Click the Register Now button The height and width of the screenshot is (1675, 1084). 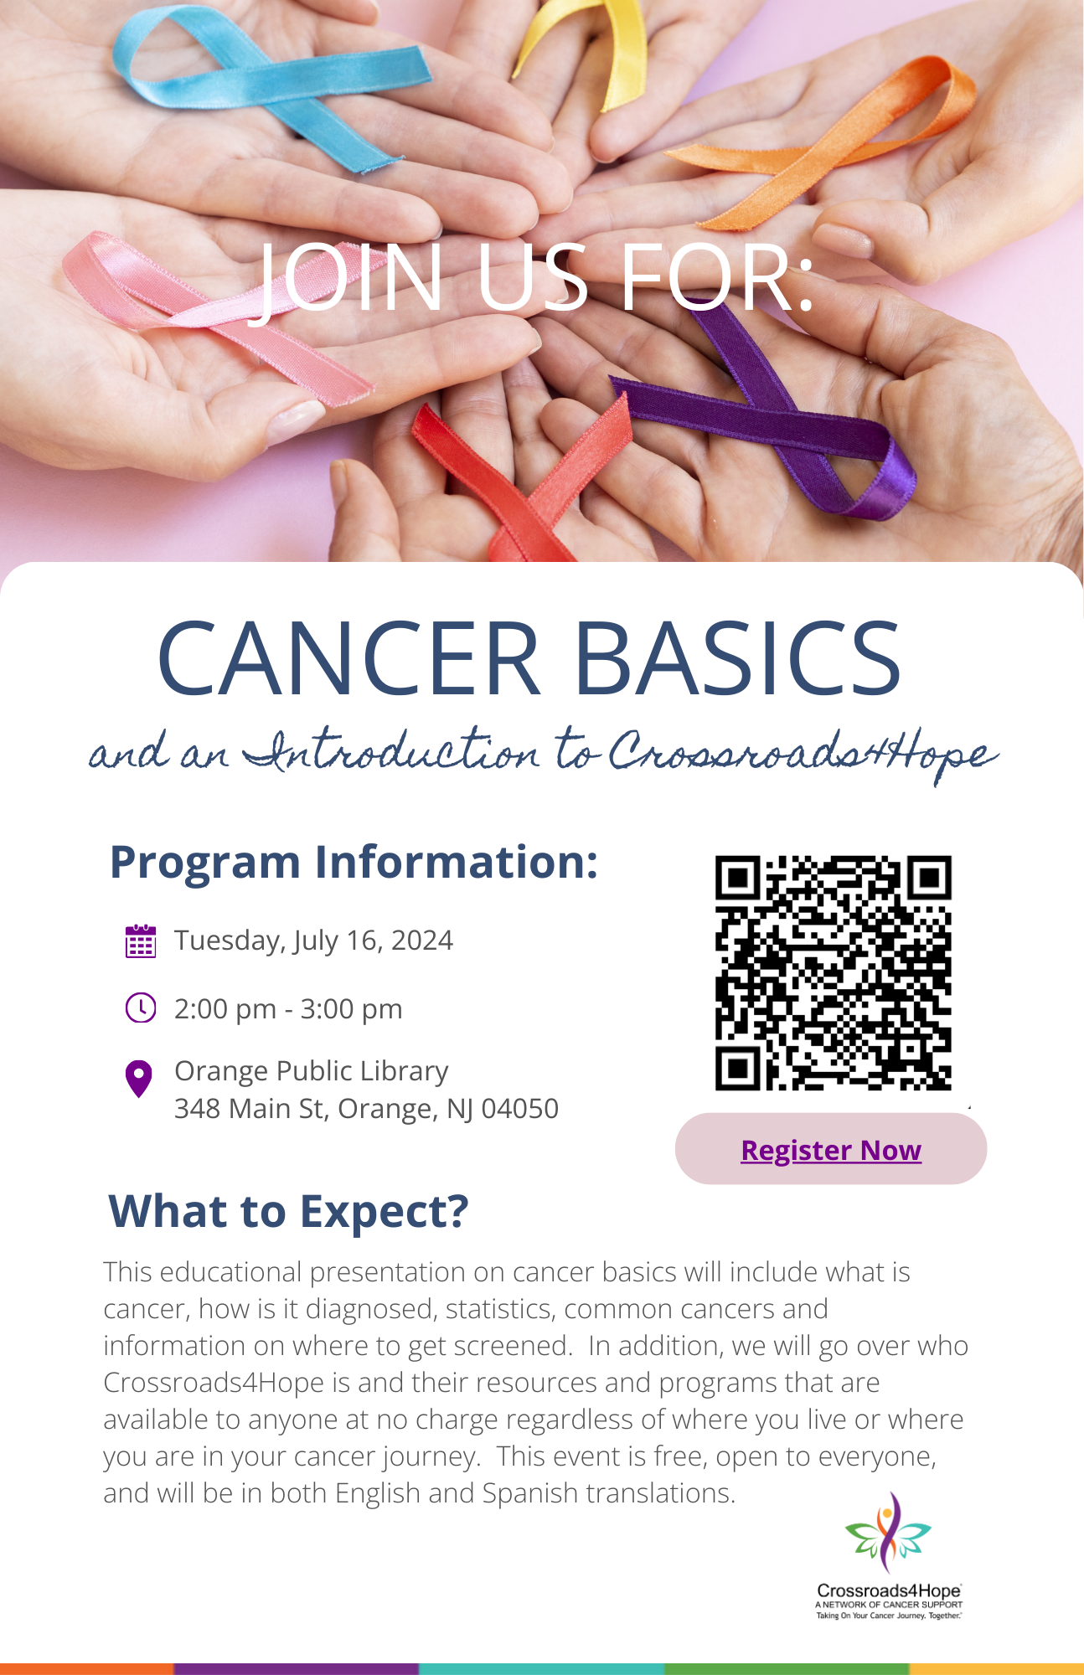point(831,1148)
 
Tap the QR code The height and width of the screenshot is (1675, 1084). point(834,973)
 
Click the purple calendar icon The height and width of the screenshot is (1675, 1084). point(140,941)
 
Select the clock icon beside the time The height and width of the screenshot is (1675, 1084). point(141,1008)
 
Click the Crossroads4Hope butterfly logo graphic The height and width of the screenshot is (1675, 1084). point(888,1533)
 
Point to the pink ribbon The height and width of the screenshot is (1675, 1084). point(209,318)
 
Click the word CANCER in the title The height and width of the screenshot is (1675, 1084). point(349,657)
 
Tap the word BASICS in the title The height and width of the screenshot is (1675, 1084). point(738,657)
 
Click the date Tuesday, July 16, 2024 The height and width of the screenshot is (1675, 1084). point(313,941)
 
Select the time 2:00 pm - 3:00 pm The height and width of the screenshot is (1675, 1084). point(288,1008)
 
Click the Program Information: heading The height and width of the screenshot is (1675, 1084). point(354,862)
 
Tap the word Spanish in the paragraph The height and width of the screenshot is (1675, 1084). point(530,1493)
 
